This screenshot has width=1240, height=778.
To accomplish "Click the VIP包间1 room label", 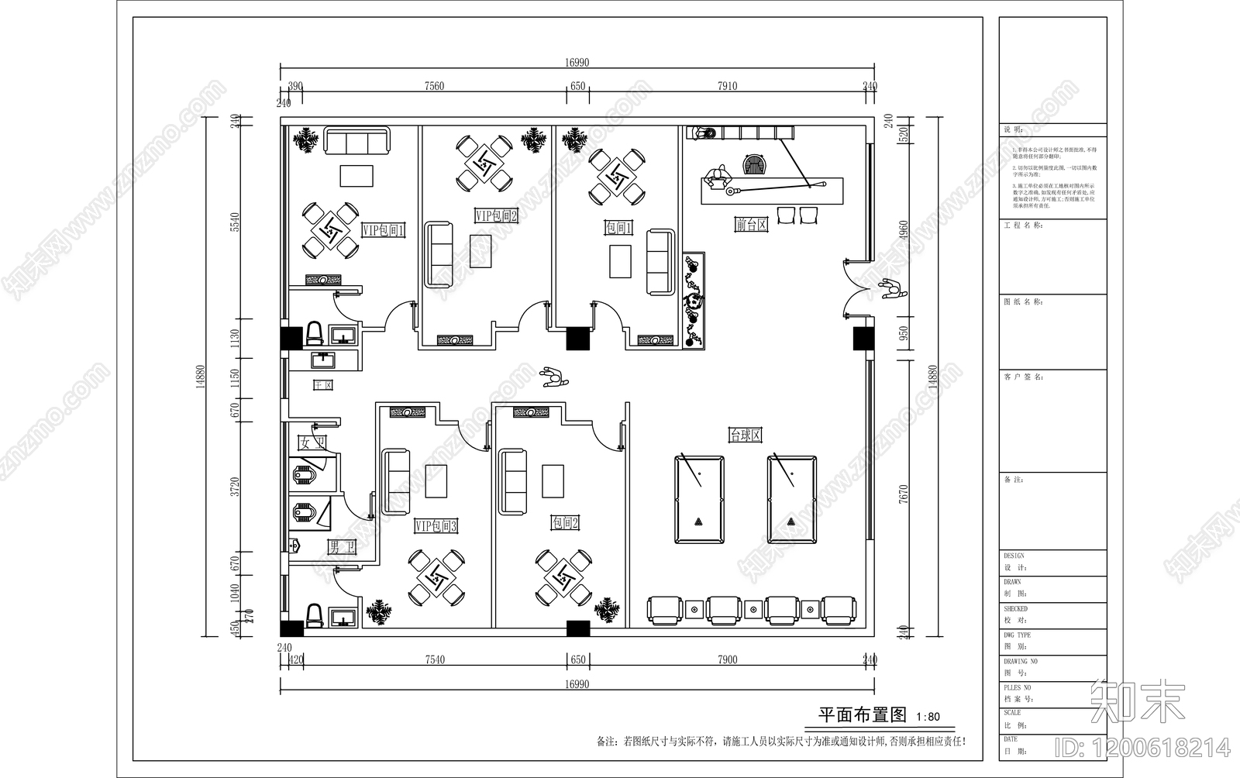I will coord(383,230).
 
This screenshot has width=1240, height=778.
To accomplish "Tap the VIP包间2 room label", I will coord(496,215).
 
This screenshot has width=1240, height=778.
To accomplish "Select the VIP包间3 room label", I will coord(436,526).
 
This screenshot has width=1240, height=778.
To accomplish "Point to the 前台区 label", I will coord(751,225).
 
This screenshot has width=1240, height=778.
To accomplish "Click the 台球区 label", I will coord(745,435).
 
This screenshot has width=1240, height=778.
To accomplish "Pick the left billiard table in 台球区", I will coord(699,500).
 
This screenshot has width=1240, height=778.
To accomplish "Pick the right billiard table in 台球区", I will coord(792,500).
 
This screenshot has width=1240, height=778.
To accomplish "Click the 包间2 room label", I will coord(565,523).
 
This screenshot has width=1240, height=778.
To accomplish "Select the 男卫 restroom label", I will coord(342,548).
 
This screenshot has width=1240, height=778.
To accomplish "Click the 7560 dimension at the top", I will coord(435,86).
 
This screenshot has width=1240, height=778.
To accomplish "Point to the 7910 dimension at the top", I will coord(727,86).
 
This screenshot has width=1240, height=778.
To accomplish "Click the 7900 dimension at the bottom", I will coord(727,659).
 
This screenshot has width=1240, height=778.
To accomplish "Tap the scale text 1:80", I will coord(928,717).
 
